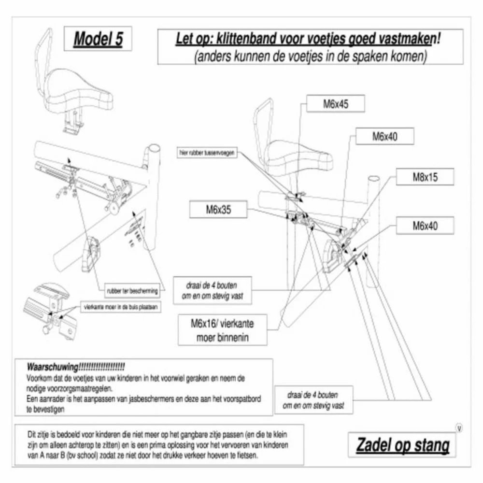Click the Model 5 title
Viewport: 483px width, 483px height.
[x=98, y=40]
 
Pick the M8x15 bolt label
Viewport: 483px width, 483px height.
[x=425, y=177]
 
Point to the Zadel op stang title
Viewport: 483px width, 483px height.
[x=403, y=445]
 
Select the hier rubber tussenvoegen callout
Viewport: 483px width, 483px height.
[x=207, y=153]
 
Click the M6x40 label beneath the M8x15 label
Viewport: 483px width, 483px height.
[x=426, y=226]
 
